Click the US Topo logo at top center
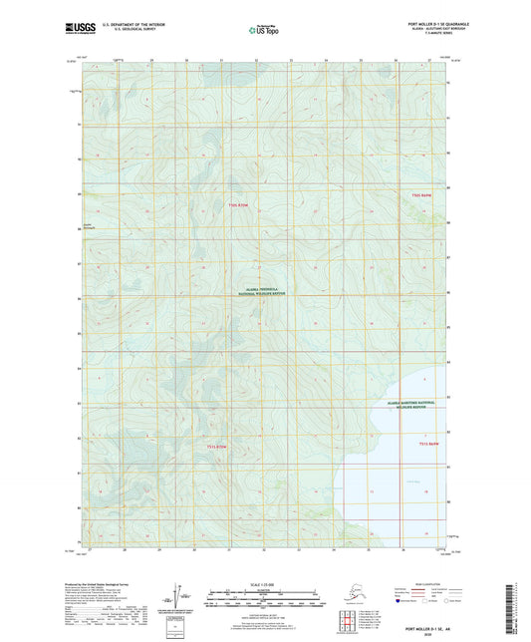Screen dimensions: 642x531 tap(265, 31)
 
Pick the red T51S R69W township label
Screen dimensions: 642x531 tap(429, 444)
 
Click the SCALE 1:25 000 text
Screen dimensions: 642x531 tap(265, 584)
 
